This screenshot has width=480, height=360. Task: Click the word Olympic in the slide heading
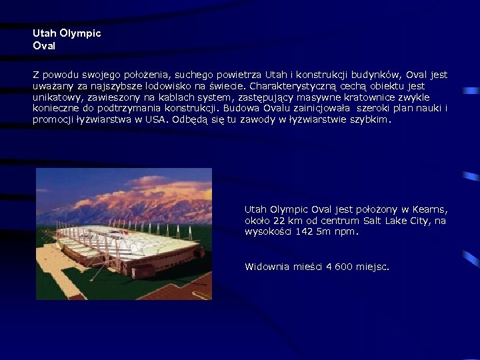click(80, 33)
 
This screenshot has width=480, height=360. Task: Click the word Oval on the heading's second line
click(44, 46)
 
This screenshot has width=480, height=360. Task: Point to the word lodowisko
click(162, 86)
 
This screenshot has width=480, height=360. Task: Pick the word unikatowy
click(57, 97)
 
